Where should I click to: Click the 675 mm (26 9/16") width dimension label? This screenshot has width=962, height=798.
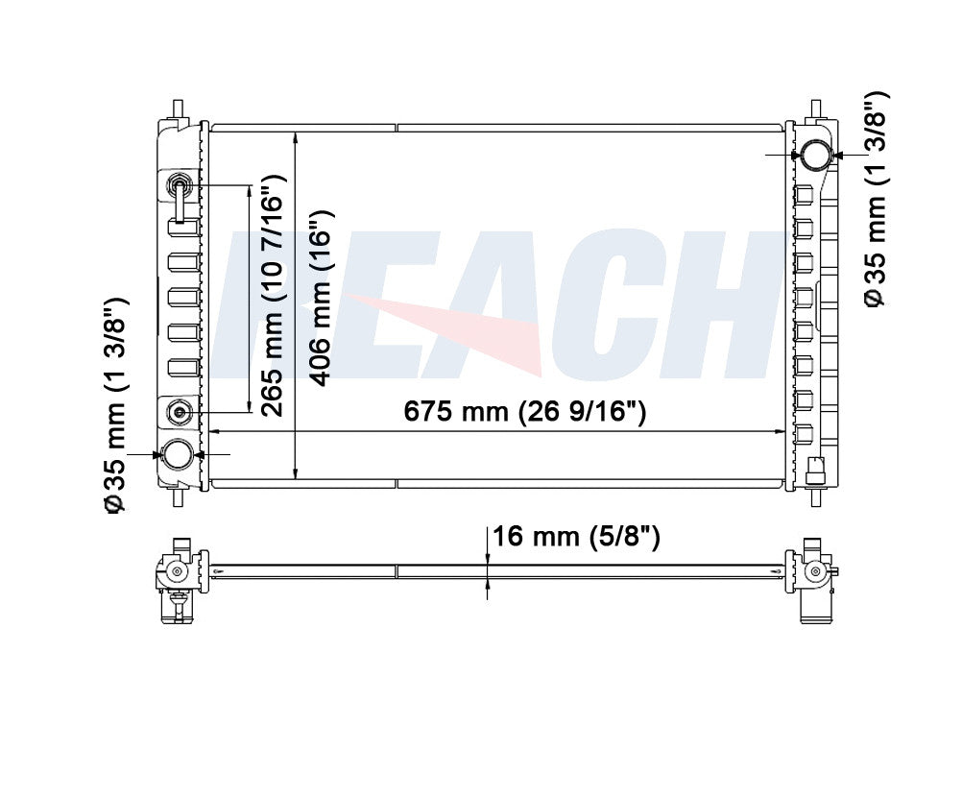(524, 412)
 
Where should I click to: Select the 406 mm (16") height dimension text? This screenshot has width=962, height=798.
(322, 298)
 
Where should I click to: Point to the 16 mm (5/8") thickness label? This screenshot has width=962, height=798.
(576, 537)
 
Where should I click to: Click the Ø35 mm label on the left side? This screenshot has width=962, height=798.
(115, 405)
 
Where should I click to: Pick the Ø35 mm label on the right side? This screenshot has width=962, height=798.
(876, 200)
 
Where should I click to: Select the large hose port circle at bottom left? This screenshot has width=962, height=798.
(177, 455)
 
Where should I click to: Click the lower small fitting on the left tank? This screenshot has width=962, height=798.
(180, 411)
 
